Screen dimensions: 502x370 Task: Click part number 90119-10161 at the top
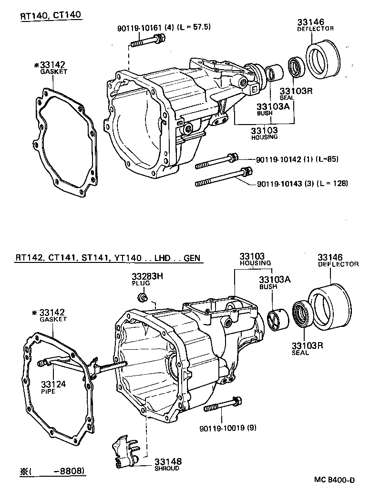pos(139,28)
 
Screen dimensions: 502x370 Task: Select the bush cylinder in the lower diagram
pos(277,319)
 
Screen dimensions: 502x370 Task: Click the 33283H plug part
pos(142,299)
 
